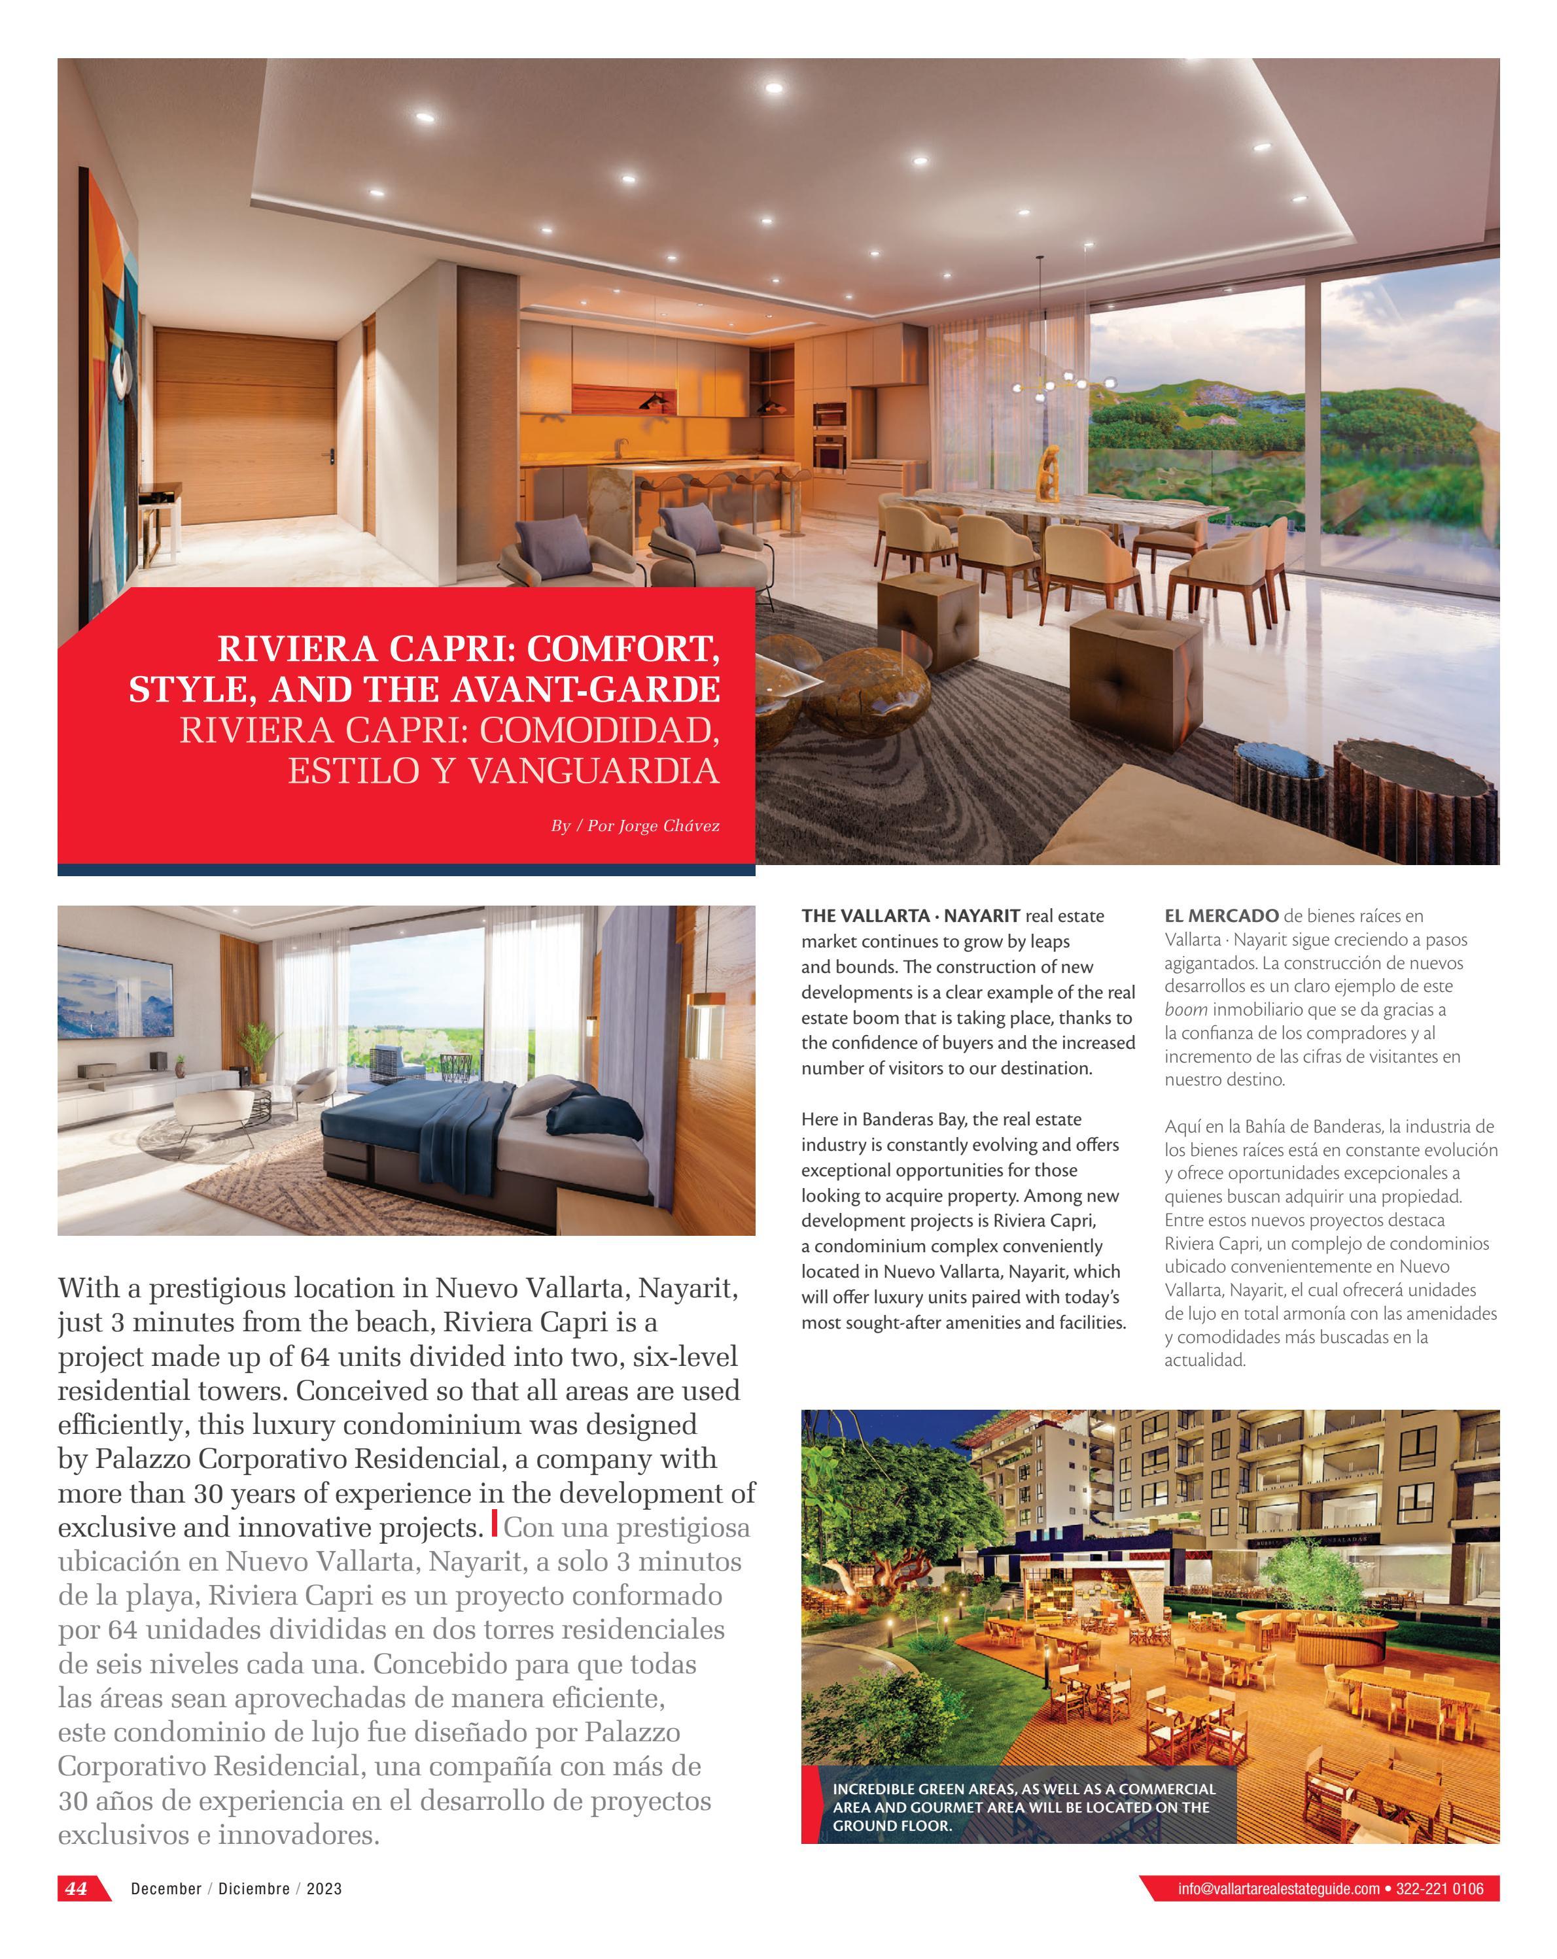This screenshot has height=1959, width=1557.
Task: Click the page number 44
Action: point(77,1888)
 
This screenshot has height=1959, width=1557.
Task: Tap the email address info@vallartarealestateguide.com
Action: point(1278,1889)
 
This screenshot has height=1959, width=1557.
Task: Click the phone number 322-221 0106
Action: point(1440,1889)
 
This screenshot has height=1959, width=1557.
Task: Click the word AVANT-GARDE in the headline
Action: point(542,690)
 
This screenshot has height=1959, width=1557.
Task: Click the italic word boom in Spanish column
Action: point(1185,1010)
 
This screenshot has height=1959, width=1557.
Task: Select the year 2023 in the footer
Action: point(324,1889)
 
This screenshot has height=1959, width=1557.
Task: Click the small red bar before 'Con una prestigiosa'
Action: point(495,1524)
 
